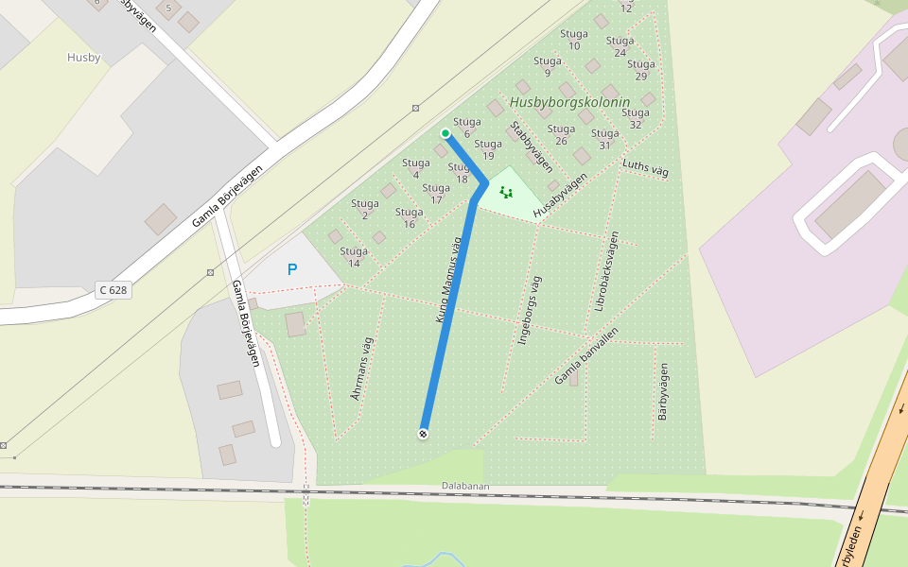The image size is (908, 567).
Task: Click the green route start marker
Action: click(x=445, y=133)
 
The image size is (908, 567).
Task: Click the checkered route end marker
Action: click(x=423, y=434)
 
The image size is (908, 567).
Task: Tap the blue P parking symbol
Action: click(x=292, y=269)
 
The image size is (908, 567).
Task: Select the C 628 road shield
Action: click(x=113, y=290)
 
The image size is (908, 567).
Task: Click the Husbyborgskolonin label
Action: click(x=569, y=102)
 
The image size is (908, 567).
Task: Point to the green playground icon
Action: click(x=506, y=193)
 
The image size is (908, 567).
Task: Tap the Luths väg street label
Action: click(x=645, y=169)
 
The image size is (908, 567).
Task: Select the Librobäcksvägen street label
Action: click(x=606, y=271)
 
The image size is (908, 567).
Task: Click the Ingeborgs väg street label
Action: click(x=530, y=309)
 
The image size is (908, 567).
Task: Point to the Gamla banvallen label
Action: click(x=586, y=356)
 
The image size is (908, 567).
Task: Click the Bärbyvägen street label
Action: click(x=663, y=391)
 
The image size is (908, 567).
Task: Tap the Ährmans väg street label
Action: click(x=362, y=368)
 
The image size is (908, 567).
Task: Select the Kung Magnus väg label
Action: click(x=448, y=280)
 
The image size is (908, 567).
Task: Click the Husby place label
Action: click(x=83, y=58)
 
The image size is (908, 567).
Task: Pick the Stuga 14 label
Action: click(x=354, y=257)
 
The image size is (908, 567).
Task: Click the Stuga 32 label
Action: click(x=636, y=118)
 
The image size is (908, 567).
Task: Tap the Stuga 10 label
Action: click(x=573, y=40)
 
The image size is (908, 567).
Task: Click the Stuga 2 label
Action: click(x=365, y=209)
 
